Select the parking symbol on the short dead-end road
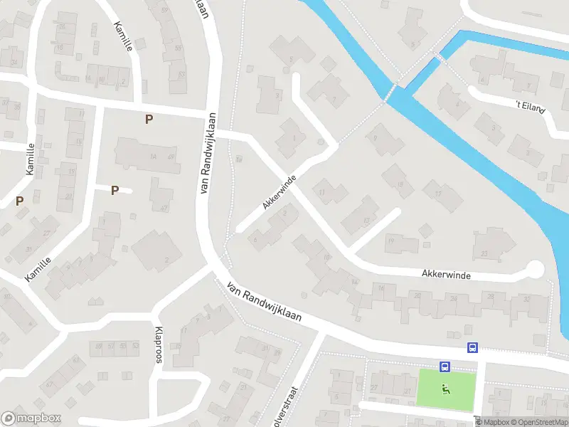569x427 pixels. [x=114, y=190]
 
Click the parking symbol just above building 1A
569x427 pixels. [x=149, y=120]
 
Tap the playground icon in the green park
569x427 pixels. [x=446, y=389]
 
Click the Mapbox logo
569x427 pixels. [x=31, y=418]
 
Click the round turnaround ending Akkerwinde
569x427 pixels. [x=534, y=269]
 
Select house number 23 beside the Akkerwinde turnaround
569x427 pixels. [x=484, y=253]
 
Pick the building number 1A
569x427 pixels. [x=152, y=157]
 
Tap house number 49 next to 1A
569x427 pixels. [x=171, y=157]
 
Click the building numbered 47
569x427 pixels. [x=164, y=208]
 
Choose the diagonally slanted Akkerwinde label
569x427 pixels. [x=278, y=194]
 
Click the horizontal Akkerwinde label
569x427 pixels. [x=446, y=274]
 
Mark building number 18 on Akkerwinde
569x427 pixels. [x=403, y=186]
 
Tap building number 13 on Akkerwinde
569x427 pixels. [x=366, y=221]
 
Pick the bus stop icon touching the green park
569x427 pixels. [x=445, y=367]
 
